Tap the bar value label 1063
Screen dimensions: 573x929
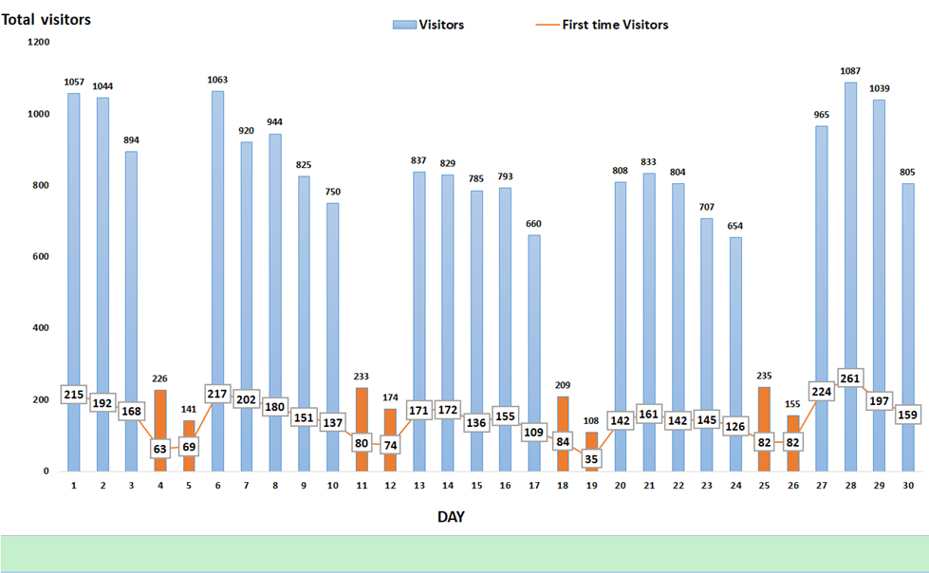pyautogui.click(x=217, y=80)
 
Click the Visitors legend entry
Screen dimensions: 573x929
pyautogui.click(x=429, y=25)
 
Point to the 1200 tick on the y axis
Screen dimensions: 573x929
pyautogui.click(x=38, y=42)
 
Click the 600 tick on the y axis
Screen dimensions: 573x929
pyautogui.click(x=41, y=256)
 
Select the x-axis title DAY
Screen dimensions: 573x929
pyautogui.click(x=451, y=516)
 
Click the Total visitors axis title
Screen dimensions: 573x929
pyautogui.click(x=46, y=18)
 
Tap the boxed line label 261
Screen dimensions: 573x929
pyautogui.click(x=850, y=378)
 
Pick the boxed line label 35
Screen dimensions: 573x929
pyautogui.click(x=591, y=458)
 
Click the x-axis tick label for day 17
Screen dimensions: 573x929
pyautogui.click(x=534, y=485)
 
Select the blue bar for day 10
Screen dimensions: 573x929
pyautogui.click(x=332, y=304)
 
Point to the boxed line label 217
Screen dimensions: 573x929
pyautogui.click(x=217, y=394)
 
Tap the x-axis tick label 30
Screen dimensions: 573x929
pyautogui.click(x=908, y=485)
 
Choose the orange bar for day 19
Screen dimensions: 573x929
pyautogui.click(x=592, y=441)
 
